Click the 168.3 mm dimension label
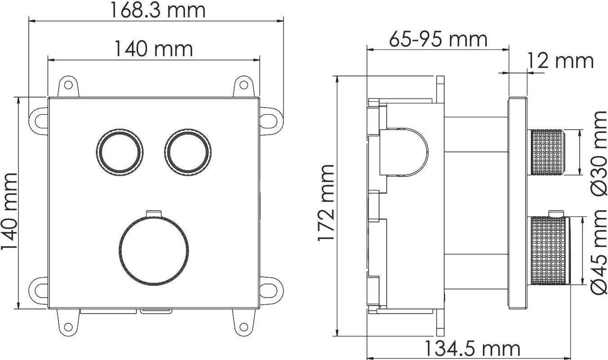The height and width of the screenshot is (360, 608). click(158, 10)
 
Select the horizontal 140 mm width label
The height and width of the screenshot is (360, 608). click(154, 49)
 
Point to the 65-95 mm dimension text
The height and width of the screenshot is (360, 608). click(438, 39)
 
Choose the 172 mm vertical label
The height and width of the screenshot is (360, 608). click(325, 202)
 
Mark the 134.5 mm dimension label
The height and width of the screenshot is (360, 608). click(472, 349)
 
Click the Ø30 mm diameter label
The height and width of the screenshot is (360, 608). click(599, 153)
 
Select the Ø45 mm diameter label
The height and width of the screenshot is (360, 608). click(599, 255)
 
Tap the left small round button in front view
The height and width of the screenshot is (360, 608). click(120, 152)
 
